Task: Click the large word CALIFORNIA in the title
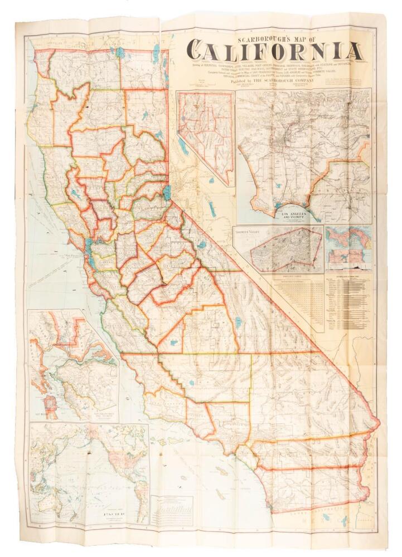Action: tap(273, 51)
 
